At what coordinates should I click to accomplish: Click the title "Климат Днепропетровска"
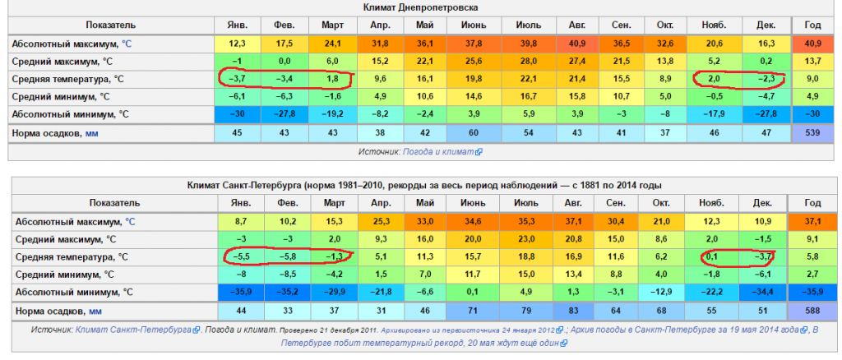(420, 7)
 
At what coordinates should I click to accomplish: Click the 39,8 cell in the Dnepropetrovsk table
(526, 43)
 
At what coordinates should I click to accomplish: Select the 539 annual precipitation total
(812, 132)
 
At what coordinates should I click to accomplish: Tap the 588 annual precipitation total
(812, 312)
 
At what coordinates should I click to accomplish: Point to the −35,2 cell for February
(285, 293)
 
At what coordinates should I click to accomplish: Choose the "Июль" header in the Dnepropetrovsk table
(526, 25)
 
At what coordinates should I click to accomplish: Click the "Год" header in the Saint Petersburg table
(812, 203)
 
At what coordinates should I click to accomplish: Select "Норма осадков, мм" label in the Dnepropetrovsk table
(54, 132)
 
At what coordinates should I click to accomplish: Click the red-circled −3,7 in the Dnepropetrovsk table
(238, 79)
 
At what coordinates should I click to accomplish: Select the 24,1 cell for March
(333, 43)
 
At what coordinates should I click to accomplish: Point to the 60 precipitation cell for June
(474, 132)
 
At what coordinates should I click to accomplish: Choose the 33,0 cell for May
(424, 221)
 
